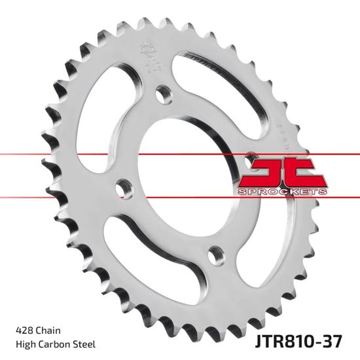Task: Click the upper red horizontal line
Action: click(x=98, y=155)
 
